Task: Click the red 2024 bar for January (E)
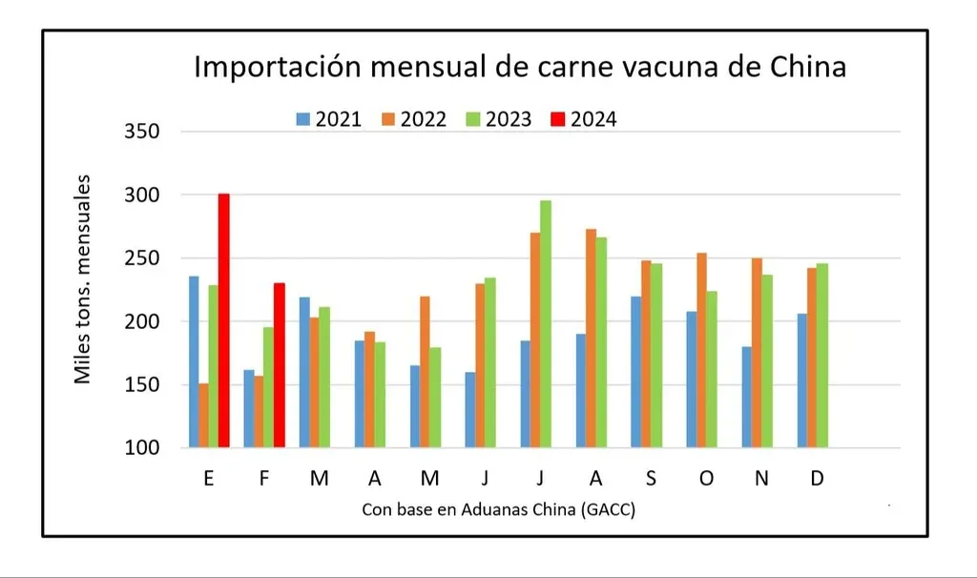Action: click(223, 320)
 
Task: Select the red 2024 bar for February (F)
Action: click(279, 364)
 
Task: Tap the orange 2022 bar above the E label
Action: click(203, 415)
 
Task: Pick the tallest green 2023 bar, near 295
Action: click(546, 323)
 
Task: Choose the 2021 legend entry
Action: click(328, 119)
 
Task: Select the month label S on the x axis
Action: click(650, 479)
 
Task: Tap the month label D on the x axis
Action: click(817, 479)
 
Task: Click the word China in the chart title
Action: click(801, 69)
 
